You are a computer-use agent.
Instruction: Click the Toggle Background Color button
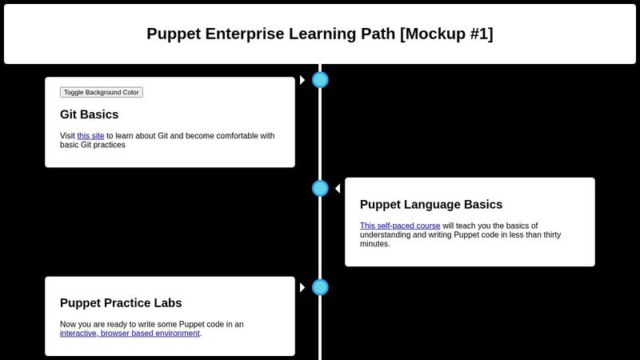[x=102, y=92]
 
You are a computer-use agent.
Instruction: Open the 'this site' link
[x=90, y=136]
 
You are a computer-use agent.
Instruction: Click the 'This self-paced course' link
[x=400, y=226]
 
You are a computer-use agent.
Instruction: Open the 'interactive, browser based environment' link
[x=130, y=334]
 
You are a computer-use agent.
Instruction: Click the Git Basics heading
[x=89, y=114]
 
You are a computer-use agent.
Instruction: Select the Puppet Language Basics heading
[x=431, y=204]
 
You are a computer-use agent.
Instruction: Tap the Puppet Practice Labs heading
[x=121, y=303]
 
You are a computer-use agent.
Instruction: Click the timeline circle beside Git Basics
[x=320, y=80]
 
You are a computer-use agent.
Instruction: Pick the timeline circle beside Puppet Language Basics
[x=320, y=188]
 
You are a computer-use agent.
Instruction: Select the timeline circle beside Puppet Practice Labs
[x=320, y=287]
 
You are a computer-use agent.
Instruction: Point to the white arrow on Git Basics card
[x=302, y=80]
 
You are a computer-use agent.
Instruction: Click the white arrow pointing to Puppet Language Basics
[x=338, y=188]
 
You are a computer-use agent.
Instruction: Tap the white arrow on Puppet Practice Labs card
[x=302, y=287]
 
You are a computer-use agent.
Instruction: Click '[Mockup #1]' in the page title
[x=446, y=34]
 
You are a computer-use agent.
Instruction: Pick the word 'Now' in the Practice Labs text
[x=69, y=324]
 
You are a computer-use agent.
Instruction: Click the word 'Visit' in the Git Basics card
[x=68, y=136]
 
